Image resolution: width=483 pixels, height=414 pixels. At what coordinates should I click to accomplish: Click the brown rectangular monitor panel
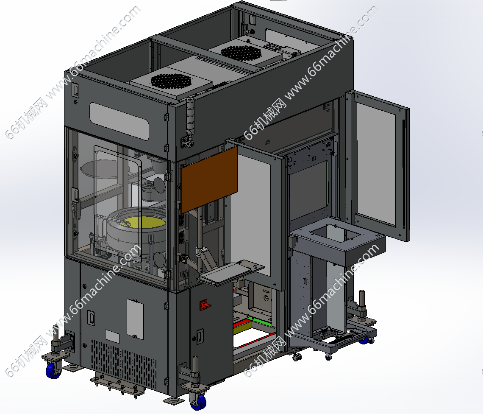pos(209,179)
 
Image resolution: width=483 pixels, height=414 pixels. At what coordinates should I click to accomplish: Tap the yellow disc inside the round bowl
pos(143,222)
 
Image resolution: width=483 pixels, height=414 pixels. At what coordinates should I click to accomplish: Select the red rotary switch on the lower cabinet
pos(205,305)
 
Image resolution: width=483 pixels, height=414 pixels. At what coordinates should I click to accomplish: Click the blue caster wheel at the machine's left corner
pos(54,370)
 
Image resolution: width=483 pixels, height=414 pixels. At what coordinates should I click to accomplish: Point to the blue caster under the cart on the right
pos(365,340)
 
